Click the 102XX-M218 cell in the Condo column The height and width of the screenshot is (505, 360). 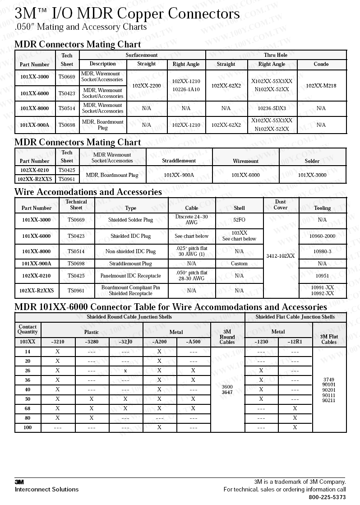[321, 86]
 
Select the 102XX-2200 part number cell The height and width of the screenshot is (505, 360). [147, 86]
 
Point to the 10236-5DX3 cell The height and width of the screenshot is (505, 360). [272, 108]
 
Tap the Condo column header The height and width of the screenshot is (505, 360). [321, 64]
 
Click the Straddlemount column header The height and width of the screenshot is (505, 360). [179, 161]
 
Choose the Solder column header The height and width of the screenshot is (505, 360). [312, 161]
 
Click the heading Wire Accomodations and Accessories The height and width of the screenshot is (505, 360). [88, 192]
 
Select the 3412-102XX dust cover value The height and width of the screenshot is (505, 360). [280, 256]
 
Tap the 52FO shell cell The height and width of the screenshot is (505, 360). [239, 220]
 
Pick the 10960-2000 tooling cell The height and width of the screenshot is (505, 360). [322, 236]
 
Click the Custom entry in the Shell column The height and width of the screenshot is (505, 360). [239, 264]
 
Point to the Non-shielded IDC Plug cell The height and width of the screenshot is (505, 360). [130, 251]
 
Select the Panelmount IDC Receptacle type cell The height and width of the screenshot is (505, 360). [130, 276]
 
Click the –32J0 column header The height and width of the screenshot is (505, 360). [125, 342]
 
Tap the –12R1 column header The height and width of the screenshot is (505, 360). [295, 342]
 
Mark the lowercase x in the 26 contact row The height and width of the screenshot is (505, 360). [125, 371]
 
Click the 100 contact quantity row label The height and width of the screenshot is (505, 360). [28, 427]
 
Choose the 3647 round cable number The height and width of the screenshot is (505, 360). [227, 393]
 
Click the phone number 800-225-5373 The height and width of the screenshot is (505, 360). [327, 497]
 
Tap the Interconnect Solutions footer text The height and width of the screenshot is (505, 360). [46, 489]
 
